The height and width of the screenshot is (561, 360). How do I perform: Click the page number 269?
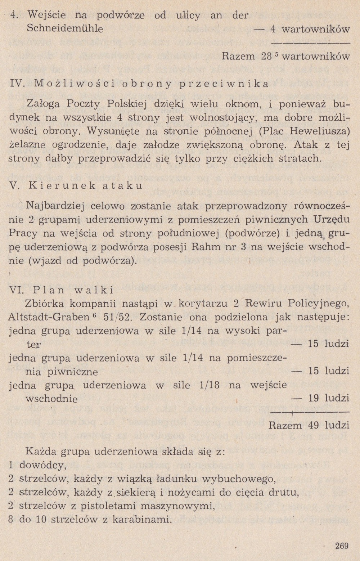[342, 546]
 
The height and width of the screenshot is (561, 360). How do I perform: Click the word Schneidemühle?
[65, 28]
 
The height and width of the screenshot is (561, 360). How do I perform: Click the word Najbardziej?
[56, 206]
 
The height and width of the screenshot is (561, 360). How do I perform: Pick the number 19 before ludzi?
[313, 398]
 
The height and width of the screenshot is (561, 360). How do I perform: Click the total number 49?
[314, 425]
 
